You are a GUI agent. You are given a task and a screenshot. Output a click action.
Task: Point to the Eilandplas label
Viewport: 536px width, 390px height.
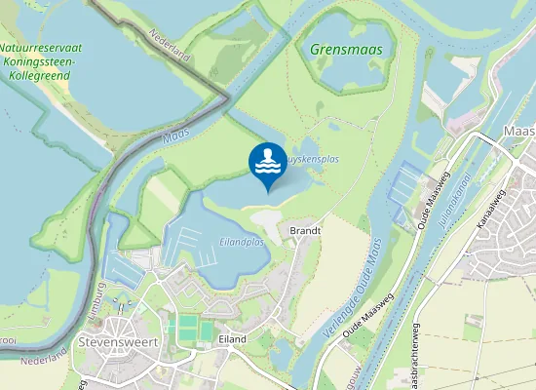242,242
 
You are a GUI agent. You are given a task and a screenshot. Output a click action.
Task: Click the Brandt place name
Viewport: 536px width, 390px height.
305,230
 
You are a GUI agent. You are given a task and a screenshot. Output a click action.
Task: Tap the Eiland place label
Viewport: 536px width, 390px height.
232,338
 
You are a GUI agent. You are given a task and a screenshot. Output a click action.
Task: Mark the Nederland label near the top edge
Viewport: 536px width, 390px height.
170,47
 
